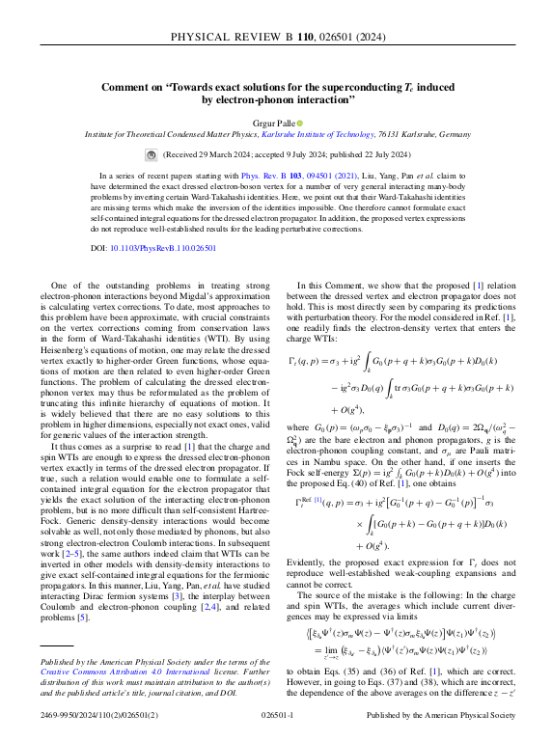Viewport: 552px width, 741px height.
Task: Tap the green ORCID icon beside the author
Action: (x=299, y=123)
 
